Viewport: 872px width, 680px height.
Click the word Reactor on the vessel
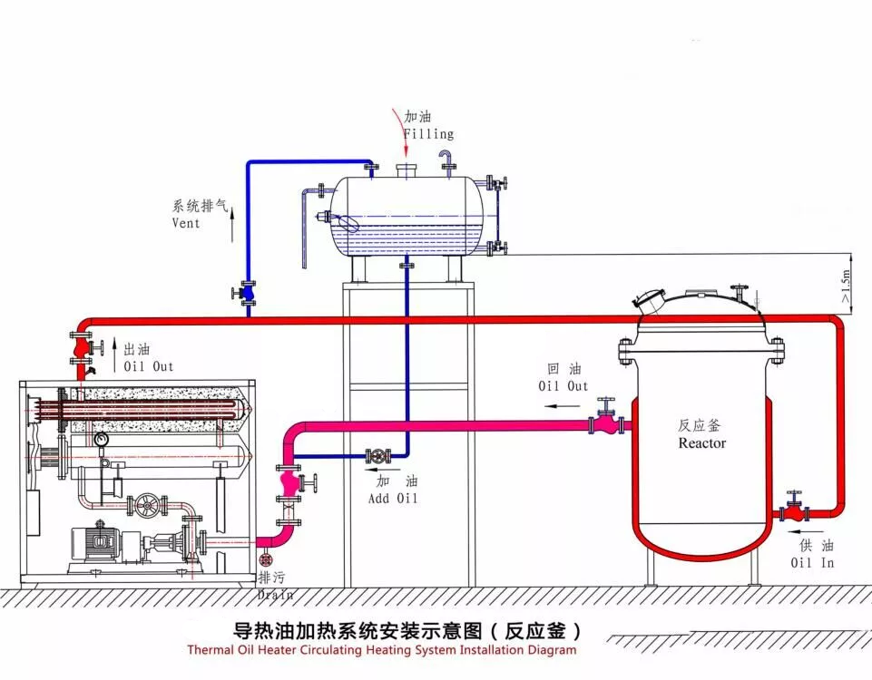pyautogui.click(x=702, y=443)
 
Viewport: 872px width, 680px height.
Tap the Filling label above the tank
pyautogui.click(x=428, y=134)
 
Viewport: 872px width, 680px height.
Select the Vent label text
pyautogui.click(x=186, y=223)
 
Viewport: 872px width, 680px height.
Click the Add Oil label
pyautogui.click(x=394, y=498)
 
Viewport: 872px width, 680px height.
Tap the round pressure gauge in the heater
pyautogui.click(x=100, y=439)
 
